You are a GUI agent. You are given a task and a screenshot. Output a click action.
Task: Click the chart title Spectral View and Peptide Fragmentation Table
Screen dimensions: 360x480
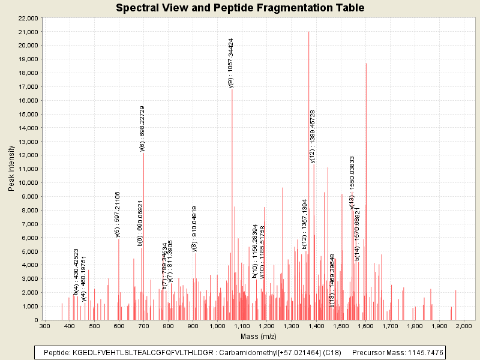(240, 8)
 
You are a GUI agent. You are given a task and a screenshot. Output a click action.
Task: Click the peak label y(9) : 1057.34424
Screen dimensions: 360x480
(231, 63)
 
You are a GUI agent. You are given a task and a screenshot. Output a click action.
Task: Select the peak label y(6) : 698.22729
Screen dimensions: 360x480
(142, 129)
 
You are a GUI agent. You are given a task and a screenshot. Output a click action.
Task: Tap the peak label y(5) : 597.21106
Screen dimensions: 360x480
(118, 214)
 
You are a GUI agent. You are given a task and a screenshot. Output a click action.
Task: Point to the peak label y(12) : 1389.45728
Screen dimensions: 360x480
(313, 136)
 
